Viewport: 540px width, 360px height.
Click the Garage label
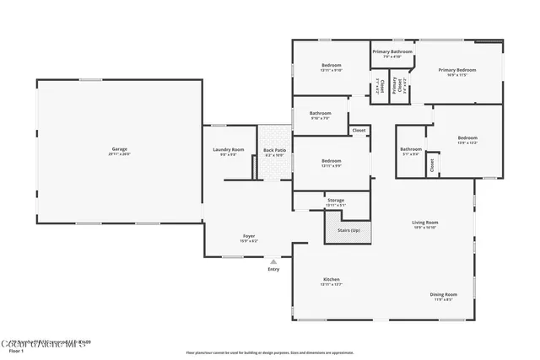120,149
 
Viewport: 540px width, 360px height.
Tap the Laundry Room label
229,150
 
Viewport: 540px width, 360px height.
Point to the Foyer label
249,236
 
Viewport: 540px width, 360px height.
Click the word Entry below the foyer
273,269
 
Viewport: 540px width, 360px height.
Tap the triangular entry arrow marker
273,261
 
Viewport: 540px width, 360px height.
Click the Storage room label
335,201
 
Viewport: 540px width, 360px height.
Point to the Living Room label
424,223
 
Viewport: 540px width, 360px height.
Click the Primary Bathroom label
392,51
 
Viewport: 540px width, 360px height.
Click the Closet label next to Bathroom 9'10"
359,131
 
